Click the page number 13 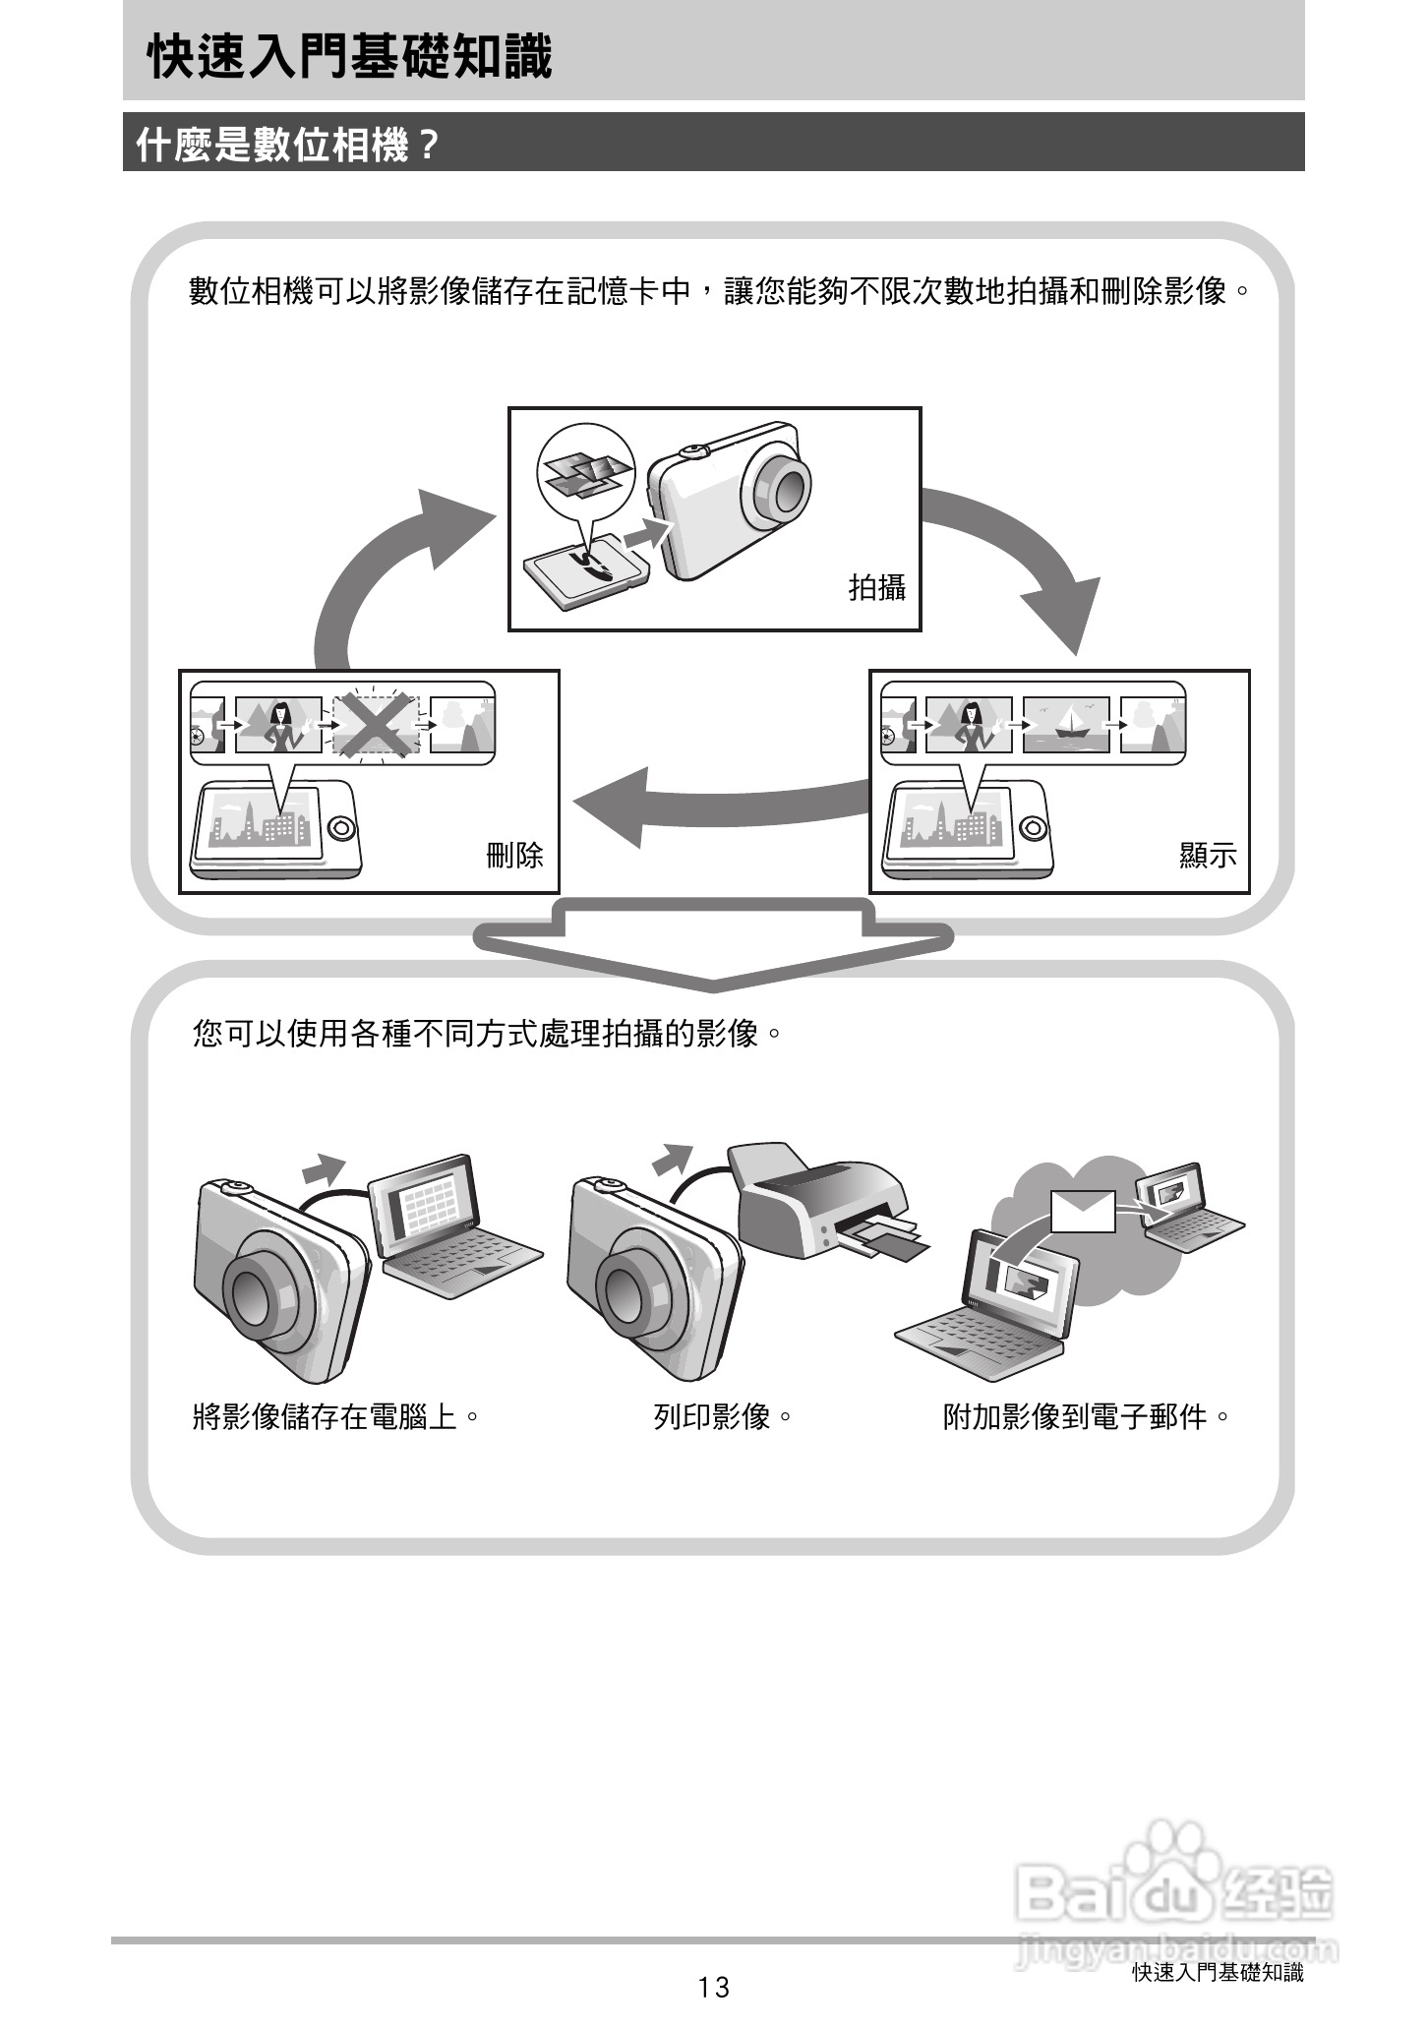tap(714, 1987)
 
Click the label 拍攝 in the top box tap(876, 587)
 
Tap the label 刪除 tap(514, 854)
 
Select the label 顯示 tap(1208, 854)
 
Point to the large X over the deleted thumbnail tap(375, 726)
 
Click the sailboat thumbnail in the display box tap(1066, 726)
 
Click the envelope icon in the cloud tap(1083, 1211)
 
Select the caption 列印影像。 tap(723, 1417)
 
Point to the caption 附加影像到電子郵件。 tap(1087, 1417)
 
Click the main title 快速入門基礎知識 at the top tap(349, 56)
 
